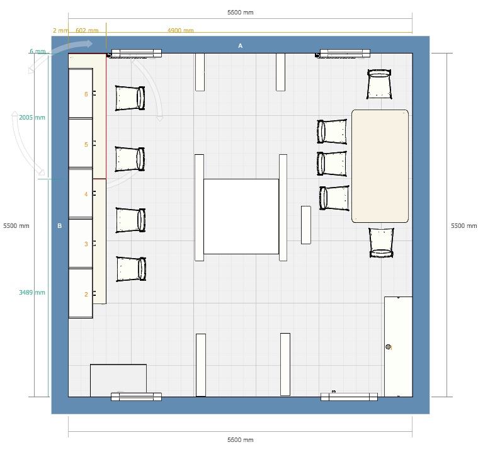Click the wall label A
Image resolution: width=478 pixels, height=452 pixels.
[x=240, y=46]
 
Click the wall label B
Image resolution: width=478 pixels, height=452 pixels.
[x=59, y=226]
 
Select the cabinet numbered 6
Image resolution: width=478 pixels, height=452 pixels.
[x=81, y=93]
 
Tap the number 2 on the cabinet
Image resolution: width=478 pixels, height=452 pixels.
[x=86, y=294]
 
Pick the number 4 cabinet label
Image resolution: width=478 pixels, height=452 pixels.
[x=86, y=194]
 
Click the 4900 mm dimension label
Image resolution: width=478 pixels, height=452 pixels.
[x=181, y=30]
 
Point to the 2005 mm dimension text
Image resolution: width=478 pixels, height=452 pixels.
[x=32, y=117]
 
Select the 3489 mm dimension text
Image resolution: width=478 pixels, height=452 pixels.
[x=32, y=292]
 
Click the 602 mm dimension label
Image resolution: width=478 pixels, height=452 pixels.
[x=87, y=30]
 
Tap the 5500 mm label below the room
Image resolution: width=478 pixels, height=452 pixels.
[x=240, y=439]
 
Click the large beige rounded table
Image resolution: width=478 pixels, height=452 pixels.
[x=380, y=166]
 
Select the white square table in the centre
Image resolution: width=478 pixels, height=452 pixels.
[x=241, y=217]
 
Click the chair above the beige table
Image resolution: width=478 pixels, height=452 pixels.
[x=379, y=84]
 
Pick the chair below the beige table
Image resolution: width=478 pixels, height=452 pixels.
[x=381, y=243]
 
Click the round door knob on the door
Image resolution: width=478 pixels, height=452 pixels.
[x=388, y=346]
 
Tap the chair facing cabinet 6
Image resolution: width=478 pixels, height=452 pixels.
[x=130, y=98]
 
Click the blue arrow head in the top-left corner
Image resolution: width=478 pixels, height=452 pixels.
[x=88, y=43]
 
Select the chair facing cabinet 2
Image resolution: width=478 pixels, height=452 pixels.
[x=131, y=269]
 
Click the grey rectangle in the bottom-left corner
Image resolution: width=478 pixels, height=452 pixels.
[x=118, y=380]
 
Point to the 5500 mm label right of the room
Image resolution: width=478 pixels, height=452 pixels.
[x=464, y=226]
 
